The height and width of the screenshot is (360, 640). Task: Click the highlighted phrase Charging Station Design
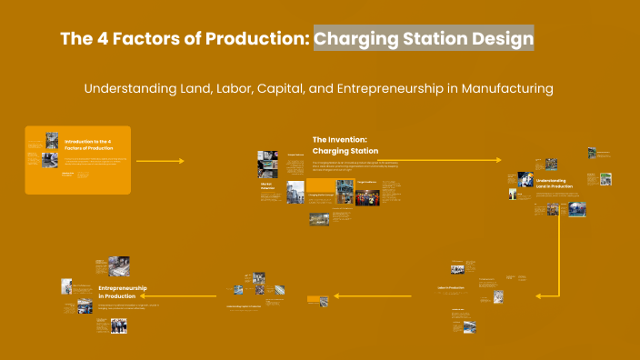pyautogui.click(x=424, y=38)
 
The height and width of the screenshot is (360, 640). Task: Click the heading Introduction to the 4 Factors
pyautogui.click(x=88, y=145)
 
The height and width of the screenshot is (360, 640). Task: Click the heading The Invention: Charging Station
pyautogui.click(x=345, y=145)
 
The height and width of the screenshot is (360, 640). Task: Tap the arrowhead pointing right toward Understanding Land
pyautogui.click(x=497, y=160)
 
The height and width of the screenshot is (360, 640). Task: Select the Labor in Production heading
pyautogui.click(x=451, y=288)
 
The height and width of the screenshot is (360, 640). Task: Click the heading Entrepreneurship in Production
pyautogui.click(x=123, y=292)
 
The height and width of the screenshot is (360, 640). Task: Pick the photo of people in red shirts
pyautogui.click(x=367, y=197)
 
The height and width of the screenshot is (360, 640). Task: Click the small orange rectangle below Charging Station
pyautogui.click(x=318, y=298)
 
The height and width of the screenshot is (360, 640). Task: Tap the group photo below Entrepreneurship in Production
pyautogui.click(x=118, y=324)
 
